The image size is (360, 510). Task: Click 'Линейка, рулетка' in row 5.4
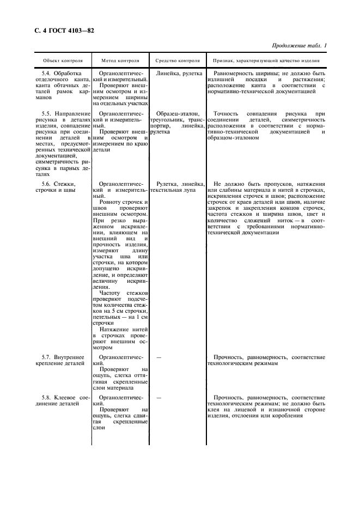coord(179,73)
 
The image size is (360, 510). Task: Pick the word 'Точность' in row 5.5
coord(227,113)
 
